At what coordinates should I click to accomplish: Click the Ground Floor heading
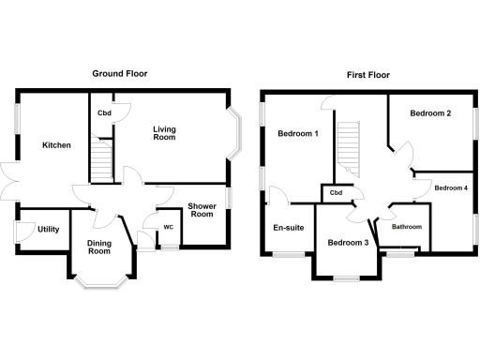click(121, 73)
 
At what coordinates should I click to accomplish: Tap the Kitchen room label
click(56, 145)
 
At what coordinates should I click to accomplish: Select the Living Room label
click(164, 132)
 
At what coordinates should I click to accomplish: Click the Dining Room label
click(99, 247)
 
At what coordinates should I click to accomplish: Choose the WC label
click(169, 227)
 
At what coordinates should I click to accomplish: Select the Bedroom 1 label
click(298, 133)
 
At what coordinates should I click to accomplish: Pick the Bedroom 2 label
click(430, 113)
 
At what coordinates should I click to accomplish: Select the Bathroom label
click(406, 227)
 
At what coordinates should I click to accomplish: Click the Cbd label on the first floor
click(335, 193)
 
